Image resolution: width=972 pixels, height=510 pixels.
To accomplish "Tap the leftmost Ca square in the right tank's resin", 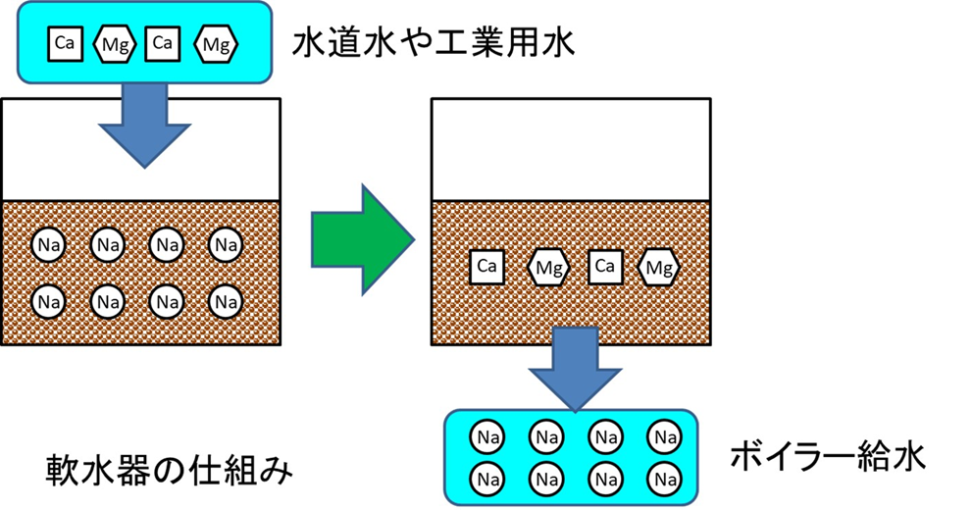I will (x=487, y=266).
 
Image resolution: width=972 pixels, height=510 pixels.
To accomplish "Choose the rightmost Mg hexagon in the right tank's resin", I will (x=659, y=266).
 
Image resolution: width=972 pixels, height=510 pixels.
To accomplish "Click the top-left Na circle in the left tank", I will (x=48, y=243).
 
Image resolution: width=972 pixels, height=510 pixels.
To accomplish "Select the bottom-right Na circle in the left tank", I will (x=227, y=299).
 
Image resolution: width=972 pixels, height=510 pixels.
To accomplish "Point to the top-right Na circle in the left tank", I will (x=227, y=243).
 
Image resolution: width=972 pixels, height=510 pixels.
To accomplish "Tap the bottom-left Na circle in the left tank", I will (x=48, y=299).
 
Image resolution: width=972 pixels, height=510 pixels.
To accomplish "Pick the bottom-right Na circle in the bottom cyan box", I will (x=665, y=478).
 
